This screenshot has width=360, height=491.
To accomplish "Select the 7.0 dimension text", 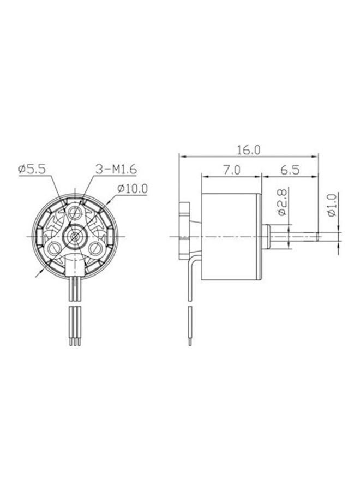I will tap(231, 170).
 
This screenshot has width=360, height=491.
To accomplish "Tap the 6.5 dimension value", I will tap(290, 170).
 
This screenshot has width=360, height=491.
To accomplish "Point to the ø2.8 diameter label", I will tap(282, 202).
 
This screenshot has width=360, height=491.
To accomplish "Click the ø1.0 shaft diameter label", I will tap(332, 206).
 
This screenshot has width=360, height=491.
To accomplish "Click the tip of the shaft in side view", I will tap(317, 236).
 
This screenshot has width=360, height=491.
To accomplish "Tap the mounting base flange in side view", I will tap(185, 229).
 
